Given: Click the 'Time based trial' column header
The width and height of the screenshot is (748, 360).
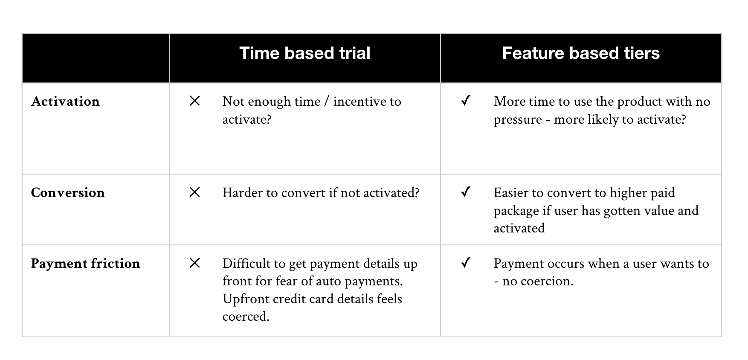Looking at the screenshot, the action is coord(305,53).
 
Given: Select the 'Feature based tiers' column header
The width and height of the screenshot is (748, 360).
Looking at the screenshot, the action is coord(581,53).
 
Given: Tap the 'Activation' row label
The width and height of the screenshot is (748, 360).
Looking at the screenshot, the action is coord(65,102).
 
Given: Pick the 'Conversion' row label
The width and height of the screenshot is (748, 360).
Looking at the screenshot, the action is coord(68,193).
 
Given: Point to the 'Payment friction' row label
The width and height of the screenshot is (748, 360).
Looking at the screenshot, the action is coord(86,264).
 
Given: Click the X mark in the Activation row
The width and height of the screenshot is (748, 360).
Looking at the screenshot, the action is coord(194,101).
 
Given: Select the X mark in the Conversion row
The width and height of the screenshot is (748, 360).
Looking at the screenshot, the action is coord(194,192).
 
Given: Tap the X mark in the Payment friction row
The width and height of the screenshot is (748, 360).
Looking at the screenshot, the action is coord(194,263).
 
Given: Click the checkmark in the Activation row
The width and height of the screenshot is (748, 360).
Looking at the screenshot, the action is coord(466,101).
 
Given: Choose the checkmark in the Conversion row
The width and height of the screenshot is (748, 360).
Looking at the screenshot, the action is coord(466,192).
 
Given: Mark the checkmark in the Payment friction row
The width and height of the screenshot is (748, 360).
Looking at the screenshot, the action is coord(466,263).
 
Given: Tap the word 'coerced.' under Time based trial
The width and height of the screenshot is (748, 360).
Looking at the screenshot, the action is coord(246,316).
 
